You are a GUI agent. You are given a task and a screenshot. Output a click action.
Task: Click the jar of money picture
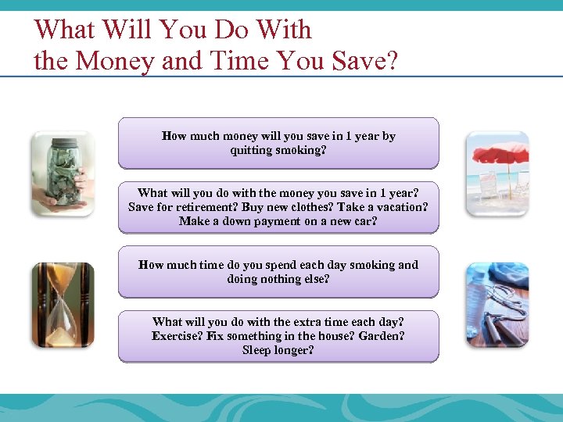[62, 173]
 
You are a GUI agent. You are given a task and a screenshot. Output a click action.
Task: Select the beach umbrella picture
[497, 173]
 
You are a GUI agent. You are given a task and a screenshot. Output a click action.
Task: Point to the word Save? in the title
[364, 61]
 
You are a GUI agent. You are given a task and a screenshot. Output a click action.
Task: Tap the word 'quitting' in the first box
[252, 150]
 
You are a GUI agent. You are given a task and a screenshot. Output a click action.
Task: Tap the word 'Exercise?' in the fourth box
[178, 336]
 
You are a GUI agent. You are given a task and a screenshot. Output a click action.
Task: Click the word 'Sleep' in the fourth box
[257, 350]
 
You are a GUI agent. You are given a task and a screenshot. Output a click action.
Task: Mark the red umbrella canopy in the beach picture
[500, 152]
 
